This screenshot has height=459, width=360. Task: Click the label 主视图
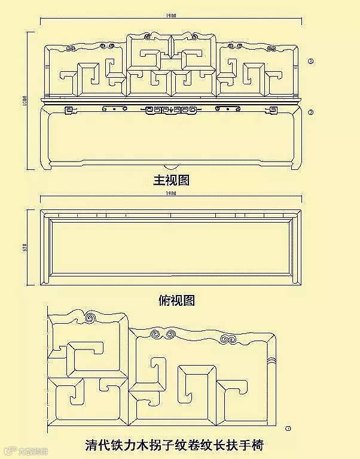tap(172, 180)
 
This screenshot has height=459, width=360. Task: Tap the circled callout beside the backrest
tap(310, 61)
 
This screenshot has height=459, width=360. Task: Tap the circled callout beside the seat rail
tap(310, 112)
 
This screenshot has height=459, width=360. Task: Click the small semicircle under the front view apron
tap(172, 167)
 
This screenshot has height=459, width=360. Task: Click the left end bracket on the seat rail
tap(69, 110)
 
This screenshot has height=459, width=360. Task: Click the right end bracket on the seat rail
tap(274, 110)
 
